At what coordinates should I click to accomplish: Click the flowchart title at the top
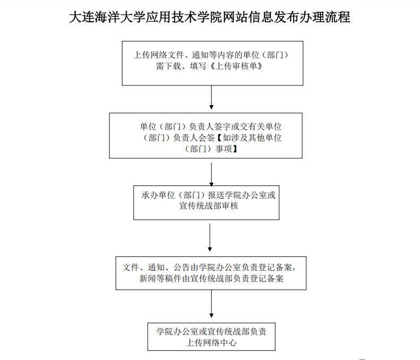(x=210, y=17)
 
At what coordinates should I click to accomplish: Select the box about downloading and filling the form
(x=212, y=63)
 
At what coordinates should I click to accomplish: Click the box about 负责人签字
(x=205, y=135)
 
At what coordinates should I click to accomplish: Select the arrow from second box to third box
(x=212, y=174)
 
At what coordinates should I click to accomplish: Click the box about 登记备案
(x=211, y=273)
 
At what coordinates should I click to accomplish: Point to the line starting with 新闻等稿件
(x=211, y=278)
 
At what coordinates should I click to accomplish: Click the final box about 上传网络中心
(x=211, y=336)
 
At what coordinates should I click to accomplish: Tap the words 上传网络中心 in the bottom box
(x=211, y=342)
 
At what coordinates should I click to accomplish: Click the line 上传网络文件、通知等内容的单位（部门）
(x=211, y=56)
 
